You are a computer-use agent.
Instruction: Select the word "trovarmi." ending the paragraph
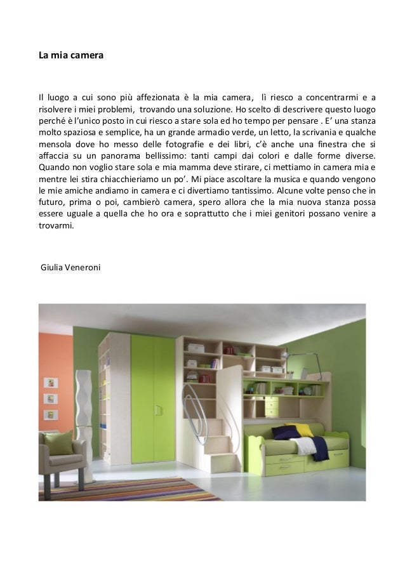[x=55, y=224]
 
